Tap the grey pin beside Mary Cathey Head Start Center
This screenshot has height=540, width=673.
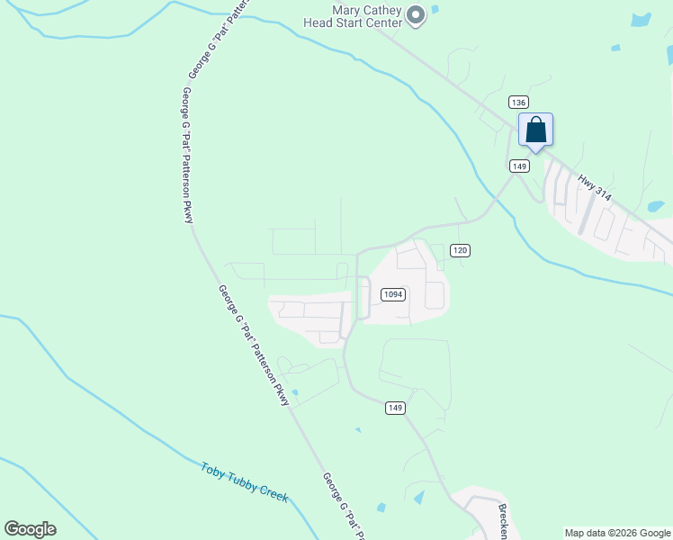click(416, 15)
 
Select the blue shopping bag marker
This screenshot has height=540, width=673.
click(535, 130)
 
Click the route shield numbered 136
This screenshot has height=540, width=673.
click(517, 102)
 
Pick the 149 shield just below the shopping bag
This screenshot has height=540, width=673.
click(519, 166)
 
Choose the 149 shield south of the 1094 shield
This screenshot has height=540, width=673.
click(395, 408)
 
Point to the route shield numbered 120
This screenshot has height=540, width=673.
click(461, 250)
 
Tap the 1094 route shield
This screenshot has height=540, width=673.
click(392, 294)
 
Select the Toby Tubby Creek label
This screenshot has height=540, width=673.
click(244, 482)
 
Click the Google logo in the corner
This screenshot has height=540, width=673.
click(30, 529)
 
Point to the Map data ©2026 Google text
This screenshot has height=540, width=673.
click(617, 533)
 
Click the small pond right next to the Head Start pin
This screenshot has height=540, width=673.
click(435, 10)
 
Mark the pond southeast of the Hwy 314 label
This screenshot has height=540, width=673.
click(656, 206)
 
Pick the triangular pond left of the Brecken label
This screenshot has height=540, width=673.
click(418, 496)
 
